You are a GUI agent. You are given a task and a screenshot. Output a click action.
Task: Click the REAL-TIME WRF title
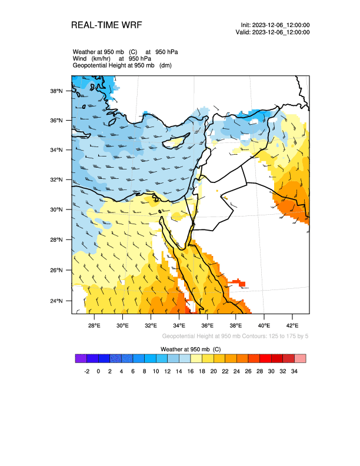click(x=106, y=25)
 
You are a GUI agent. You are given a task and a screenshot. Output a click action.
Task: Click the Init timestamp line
click(x=275, y=25)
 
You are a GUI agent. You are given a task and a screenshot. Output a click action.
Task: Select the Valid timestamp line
click(x=272, y=32)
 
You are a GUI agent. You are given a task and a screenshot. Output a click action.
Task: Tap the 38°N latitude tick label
click(x=56, y=91)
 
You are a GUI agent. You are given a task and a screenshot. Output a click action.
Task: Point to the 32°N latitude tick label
click(x=56, y=180)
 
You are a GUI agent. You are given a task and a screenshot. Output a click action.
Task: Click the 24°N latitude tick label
click(x=56, y=301)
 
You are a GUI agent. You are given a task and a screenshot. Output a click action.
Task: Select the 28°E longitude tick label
click(x=94, y=325)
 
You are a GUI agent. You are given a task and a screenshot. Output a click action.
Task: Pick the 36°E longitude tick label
click(x=207, y=325)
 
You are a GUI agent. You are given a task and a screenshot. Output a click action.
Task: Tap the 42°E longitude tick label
click(x=292, y=325)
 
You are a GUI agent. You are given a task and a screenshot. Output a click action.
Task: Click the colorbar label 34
click(x=294, y=371)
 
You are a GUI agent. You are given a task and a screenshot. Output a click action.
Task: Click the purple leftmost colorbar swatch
click(x=81, y=358)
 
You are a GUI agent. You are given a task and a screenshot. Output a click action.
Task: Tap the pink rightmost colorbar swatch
click(x=300, y=358)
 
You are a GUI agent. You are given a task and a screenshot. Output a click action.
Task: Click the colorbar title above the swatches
click(x=191, y=349)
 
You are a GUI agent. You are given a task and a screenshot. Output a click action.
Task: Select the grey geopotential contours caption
click(x=235, y=336)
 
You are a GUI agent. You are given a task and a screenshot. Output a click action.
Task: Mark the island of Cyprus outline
click(x=175, y=142)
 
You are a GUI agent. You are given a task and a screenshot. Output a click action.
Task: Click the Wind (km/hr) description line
click(x=112, y=59)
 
